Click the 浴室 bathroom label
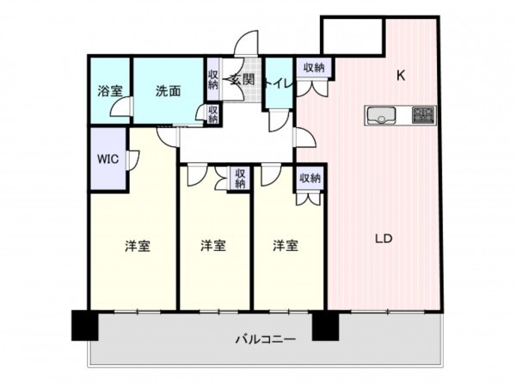click(107, 90)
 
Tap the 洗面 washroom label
click(168, 90)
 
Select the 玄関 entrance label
click(242, 80)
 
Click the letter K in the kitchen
click(400, 76)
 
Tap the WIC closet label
click(107, 159)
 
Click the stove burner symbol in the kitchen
click(423, 114)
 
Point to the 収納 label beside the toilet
click(313, 68)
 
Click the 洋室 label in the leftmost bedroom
click(138, 247)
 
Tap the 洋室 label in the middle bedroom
click(213, 247)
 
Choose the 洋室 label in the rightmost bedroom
click(286, 247)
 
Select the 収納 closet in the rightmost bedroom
click(310, 178)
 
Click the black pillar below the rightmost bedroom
click(325, 324)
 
